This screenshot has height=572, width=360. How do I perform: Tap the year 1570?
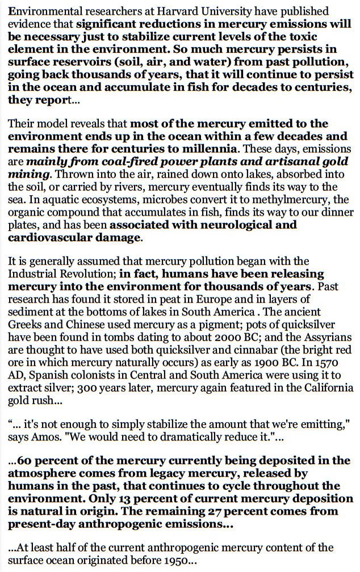(x=340, y=361)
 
